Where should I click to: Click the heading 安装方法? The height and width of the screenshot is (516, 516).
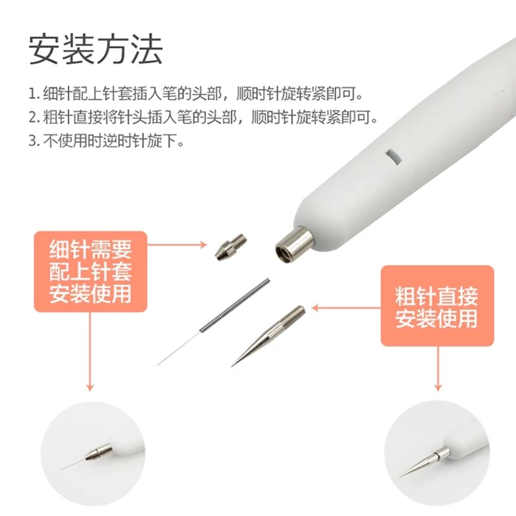(x=96, y=50)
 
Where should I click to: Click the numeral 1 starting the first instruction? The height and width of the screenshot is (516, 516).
(x=32, y=94)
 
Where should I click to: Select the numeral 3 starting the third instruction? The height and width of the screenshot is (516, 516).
(x=33, y=141)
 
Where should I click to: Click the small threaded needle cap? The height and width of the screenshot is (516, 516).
(x=231, y=247)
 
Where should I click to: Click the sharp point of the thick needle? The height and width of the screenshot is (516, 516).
(x=232, y=366)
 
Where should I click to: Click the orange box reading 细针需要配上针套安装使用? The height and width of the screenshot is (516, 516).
(x=90, y=271)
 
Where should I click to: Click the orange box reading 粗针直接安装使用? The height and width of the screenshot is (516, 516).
(x=437, y=306)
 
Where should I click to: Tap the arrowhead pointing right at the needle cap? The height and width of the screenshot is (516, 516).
(x=203, y=245)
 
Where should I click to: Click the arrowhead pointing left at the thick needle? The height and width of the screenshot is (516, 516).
(x=315, y=308)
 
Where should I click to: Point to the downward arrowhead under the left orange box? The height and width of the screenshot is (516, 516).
(x=90, y=387)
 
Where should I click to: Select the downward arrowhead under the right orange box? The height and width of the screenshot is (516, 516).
(x=438, y=387)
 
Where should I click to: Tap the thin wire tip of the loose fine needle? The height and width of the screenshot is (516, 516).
(x=157, y=365)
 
